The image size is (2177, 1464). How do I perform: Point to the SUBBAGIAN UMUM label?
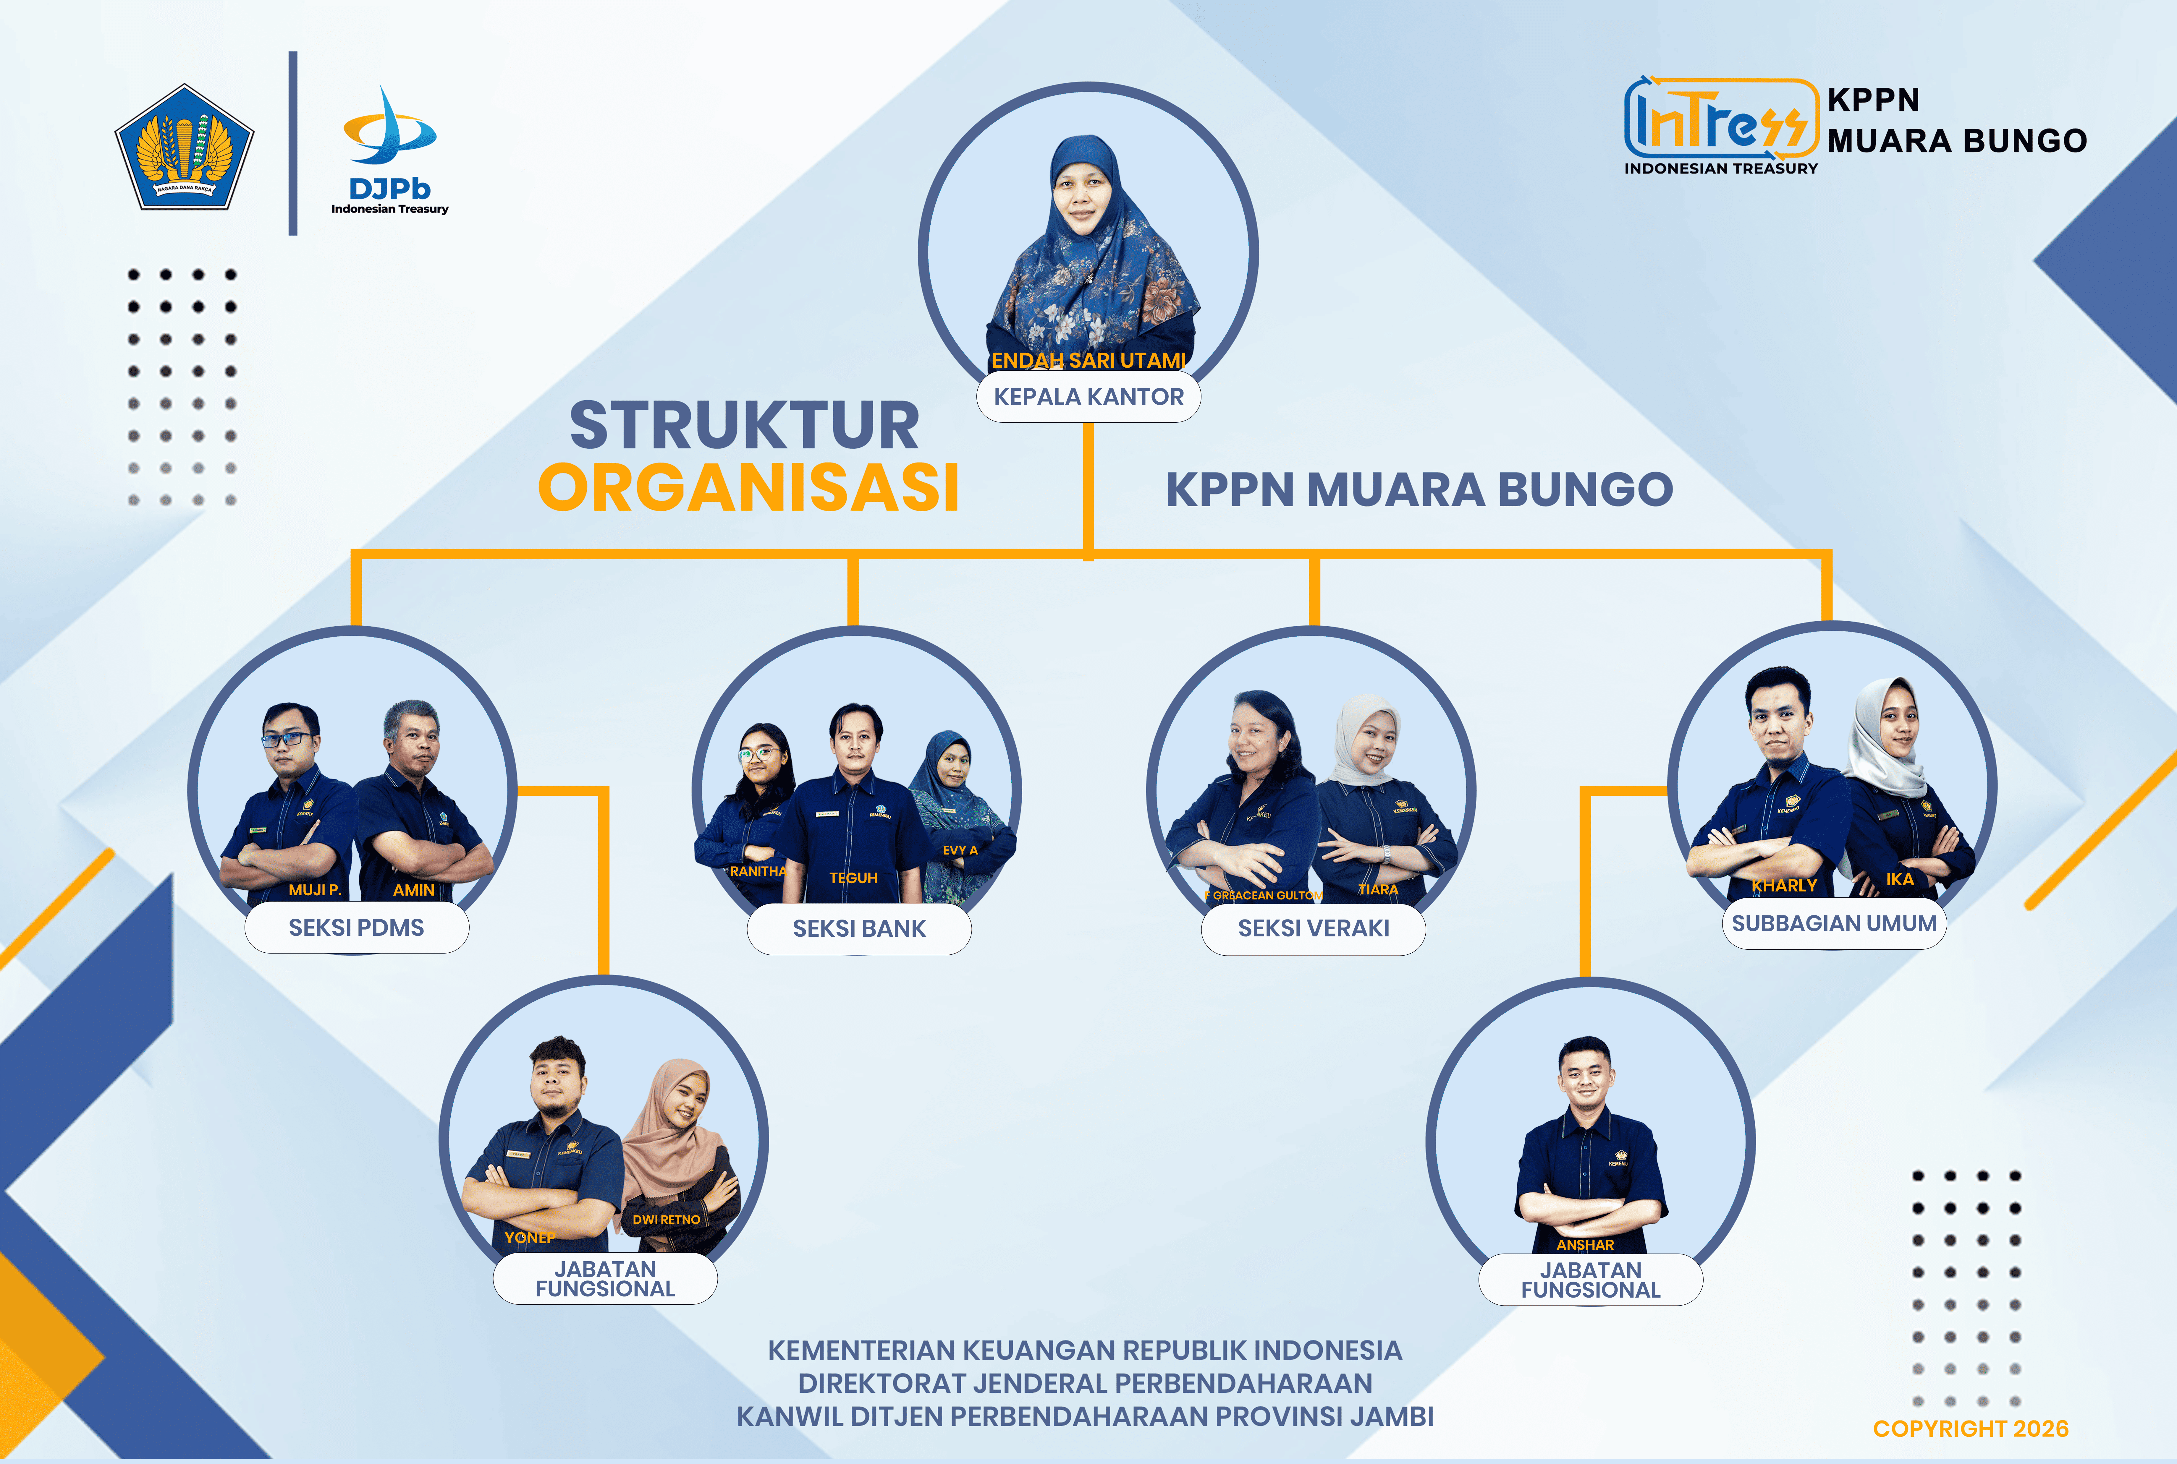1834,923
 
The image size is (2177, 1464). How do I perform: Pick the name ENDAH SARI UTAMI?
1089,360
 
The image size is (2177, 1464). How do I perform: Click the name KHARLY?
1784,885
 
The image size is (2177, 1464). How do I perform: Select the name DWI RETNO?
666,1219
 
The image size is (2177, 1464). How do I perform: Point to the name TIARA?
1377,890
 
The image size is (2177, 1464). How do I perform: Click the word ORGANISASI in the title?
749,487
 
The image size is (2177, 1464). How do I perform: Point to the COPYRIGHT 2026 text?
1971,1429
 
